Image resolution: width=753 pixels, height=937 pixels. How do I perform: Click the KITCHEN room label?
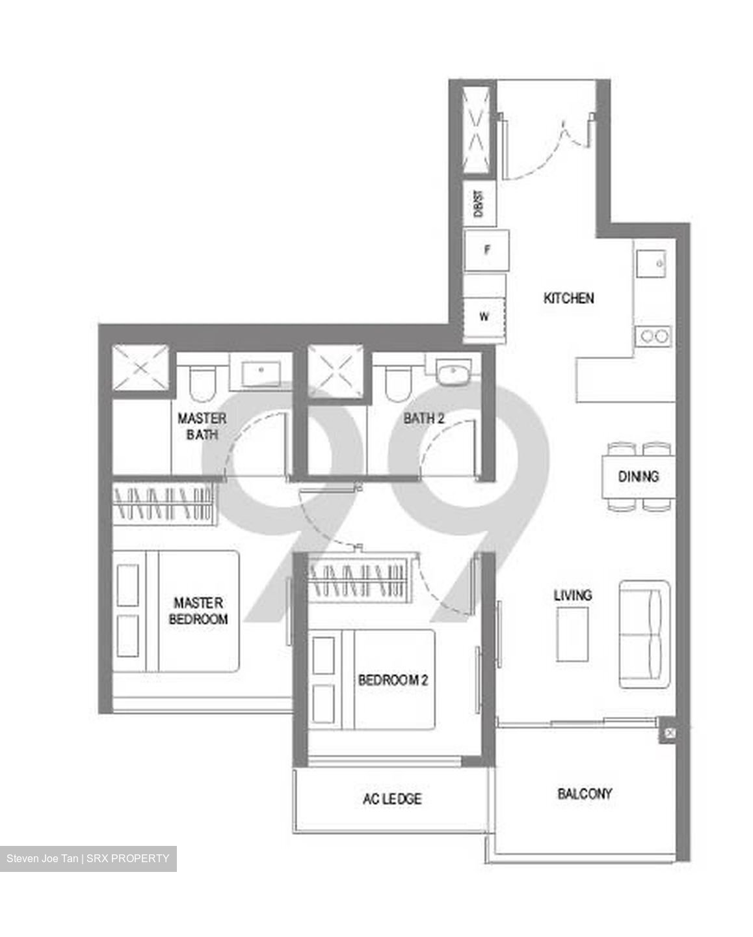click(x=568, y=298)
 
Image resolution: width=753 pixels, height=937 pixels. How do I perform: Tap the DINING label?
click(x=638, y=476)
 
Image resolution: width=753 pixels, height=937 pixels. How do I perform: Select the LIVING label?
click(x=572, y=595)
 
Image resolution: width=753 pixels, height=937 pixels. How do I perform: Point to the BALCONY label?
click(x=585, y=794)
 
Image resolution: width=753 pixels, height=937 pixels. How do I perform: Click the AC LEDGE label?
click(x=392, y=798)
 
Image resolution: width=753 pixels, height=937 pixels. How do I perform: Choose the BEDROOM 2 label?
click(x=393, y=681)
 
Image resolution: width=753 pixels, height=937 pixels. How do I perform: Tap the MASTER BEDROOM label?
click(x=198, y=611)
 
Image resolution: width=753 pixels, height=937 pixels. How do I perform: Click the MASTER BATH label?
click(x=202, y=426)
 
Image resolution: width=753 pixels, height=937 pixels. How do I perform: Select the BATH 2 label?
click(x=423, y=418)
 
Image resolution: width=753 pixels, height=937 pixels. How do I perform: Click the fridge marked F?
click(x=487, y=250)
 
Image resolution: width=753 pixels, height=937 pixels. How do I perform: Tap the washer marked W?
click(x=484, y=317)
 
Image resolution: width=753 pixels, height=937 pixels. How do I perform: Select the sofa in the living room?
click(x=644, y=634)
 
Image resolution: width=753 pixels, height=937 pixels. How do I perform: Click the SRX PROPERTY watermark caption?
click(x=88, y=859)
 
